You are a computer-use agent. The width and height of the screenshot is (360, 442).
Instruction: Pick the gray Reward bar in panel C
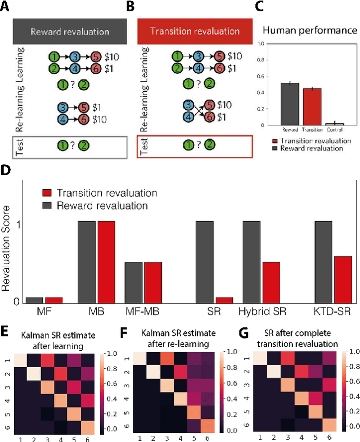point(290,104)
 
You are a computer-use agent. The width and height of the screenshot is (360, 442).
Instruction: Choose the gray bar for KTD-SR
point(323,262)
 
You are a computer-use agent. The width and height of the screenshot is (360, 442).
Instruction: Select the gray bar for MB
point(87,262)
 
